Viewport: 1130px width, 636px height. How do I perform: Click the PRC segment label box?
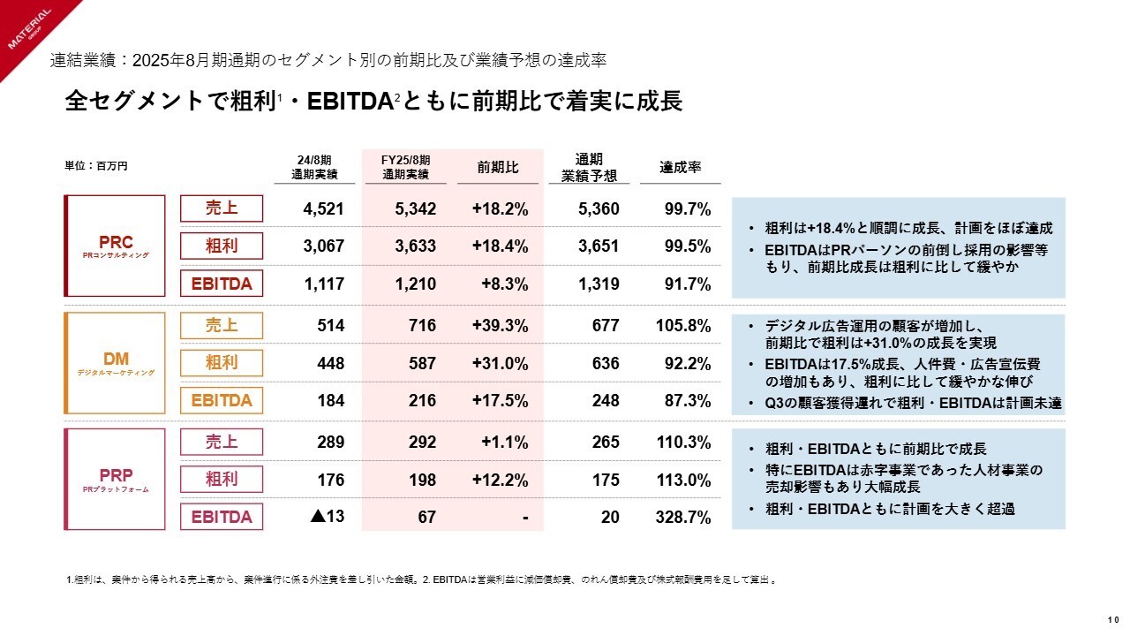click(x=115, y=245)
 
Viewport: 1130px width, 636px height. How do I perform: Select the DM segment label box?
click(x=115, y=362)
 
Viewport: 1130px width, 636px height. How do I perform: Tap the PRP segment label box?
click(x=115, y=479)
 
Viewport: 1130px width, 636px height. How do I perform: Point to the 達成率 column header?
click(x=680, y=167)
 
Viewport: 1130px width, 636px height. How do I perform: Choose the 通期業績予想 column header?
click(x=589, y=167)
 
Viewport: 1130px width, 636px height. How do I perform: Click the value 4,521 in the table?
click(x=323, y=209)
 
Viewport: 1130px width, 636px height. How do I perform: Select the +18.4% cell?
click(x=500, y=246)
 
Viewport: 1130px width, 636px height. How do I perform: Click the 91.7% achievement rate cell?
click(x=689, y=284)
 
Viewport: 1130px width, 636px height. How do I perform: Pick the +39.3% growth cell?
click(x=500, y=326)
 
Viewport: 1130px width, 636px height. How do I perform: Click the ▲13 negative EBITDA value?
click(x=327, y=517)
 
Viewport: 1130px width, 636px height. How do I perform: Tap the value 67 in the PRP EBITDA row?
click(x=426, y=517)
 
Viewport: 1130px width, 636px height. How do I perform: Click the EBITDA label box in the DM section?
click(x=222, y=401)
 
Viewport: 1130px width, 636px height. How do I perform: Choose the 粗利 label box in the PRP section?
click(x=222, y=480)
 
